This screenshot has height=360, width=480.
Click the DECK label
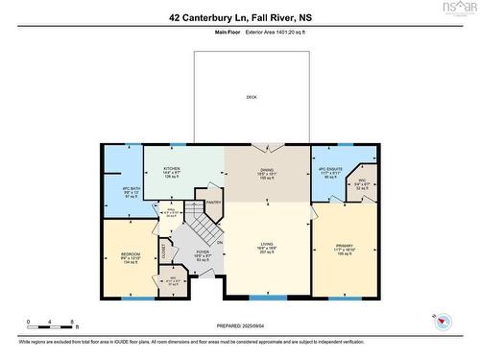click(x=251, y=97)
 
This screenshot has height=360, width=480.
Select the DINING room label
click(x=266, y=169)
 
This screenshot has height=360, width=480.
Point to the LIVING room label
click(x=266, y=245)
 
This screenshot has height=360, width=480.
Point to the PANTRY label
click(x=214, y=203)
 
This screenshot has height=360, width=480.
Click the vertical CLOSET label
click(x=161, y=252)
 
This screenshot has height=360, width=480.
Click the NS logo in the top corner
click(x=462, y=9)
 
